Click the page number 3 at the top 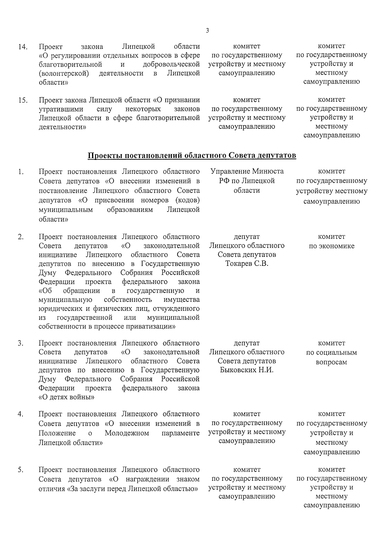pos(207,31)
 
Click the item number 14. pos(22,47)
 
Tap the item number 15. pos(22,100)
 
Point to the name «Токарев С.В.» pos(247,264)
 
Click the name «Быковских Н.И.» pos(247,370)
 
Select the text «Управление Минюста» pos(247,171)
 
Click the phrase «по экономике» pos(331,246)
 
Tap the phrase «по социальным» pos(331,353)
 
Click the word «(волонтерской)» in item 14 pos(64,73)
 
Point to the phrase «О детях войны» pos(67,397)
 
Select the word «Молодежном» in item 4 pos(127,433)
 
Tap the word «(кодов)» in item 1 pos(188,200)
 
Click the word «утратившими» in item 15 pos(60,109)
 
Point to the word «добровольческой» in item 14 pos(171,64)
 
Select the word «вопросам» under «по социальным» pos(331,362)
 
